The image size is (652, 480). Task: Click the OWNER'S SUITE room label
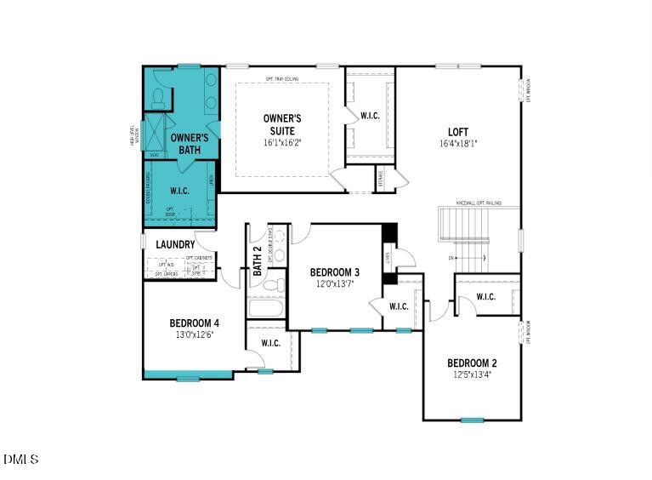[x=281, y=124]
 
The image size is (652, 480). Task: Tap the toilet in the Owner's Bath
[x=158, y=100]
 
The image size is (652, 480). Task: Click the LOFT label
[x=458, y=132]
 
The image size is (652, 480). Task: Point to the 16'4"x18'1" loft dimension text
[x=458, y=144]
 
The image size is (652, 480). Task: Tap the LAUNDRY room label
[x=175, y=245]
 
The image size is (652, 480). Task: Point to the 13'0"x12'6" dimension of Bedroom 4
[x=194, y=334]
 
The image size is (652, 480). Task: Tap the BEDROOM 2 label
[x=472, y=363]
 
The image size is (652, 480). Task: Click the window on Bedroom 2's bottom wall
[x=472, y=420]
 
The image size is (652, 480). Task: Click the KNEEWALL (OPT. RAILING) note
[x=479, y=203]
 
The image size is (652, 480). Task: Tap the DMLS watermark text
[x=20, y=460]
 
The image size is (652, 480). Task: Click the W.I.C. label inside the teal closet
[x=179, y=191]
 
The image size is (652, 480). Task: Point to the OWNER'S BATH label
[x=189, y=143]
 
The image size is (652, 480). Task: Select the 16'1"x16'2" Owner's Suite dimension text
[x=281, y=142]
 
